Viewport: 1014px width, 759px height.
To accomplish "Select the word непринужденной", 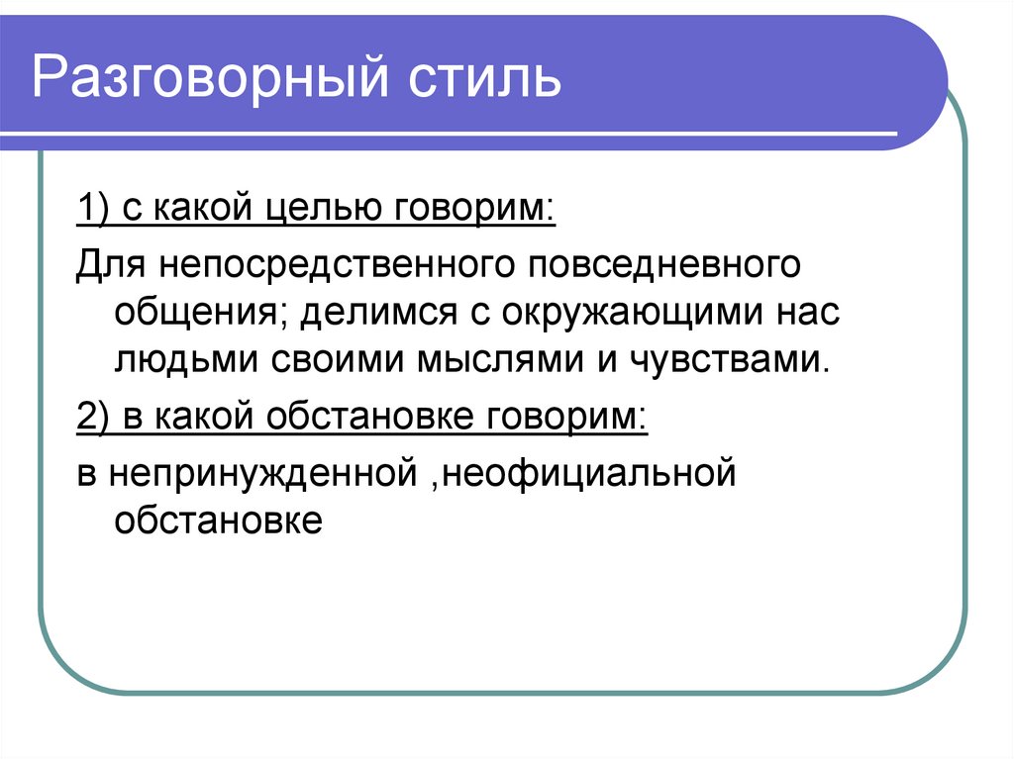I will pos(259,473).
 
